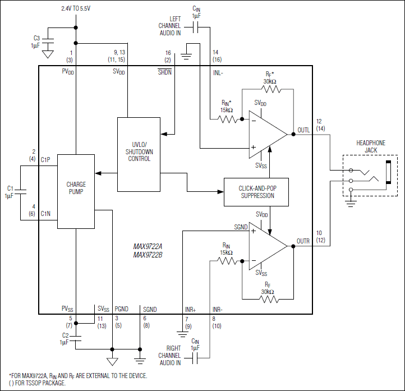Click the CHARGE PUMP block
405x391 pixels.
click(76, 191)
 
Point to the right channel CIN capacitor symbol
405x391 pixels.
click(195, 356)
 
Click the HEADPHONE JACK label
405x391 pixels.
click(371, 146)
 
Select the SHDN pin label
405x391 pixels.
click(165, 73)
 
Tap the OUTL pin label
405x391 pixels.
click(303, 131)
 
